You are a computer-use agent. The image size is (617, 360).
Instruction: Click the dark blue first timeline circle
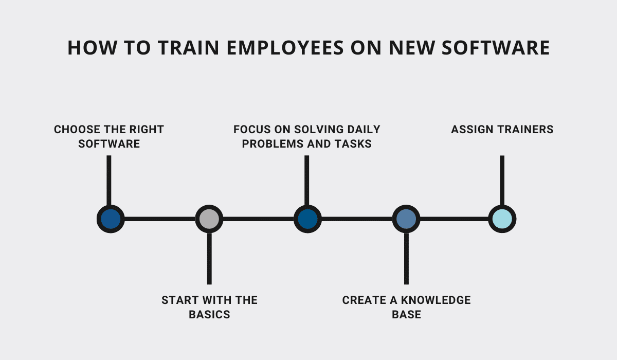[111, 219]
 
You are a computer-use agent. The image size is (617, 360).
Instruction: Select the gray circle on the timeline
[209, 219]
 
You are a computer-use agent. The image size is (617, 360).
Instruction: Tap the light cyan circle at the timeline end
[502, 219]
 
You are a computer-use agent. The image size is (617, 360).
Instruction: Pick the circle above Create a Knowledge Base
[406, 219]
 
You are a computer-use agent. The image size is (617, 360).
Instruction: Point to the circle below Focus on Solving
[307, 219]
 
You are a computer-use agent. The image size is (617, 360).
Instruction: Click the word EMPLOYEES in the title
[285, 48]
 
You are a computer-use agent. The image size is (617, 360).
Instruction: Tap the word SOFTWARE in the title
[496, 48]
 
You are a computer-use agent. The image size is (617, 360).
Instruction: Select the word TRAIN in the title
[188, 48]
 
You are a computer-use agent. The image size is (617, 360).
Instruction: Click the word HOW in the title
[92, 48]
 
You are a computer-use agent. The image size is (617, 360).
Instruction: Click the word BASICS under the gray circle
[209, 315]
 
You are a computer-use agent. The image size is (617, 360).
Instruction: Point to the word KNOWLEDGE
[436, 300]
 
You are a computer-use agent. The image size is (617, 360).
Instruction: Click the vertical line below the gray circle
[209, 259]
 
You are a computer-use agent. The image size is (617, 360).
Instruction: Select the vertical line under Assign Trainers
[502, 181]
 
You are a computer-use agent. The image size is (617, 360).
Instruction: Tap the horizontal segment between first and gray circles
[160, 219]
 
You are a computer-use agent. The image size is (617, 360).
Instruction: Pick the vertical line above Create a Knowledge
[406, 259]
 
